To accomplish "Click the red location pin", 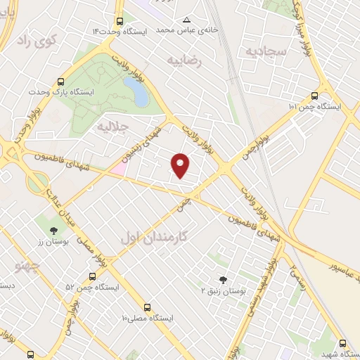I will point(181,165).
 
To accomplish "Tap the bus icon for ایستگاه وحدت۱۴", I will point(120,22).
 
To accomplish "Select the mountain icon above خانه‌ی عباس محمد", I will point(186,20).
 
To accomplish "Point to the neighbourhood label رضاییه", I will point(184,60).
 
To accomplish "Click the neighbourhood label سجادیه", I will point(265,51).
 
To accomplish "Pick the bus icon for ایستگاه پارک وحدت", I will point(61,81).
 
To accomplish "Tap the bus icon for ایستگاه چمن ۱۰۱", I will point(314,96).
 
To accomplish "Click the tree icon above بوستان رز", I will point(53,230).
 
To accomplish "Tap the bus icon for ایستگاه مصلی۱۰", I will point(147,307).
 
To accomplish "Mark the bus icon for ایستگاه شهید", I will point(342,344).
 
